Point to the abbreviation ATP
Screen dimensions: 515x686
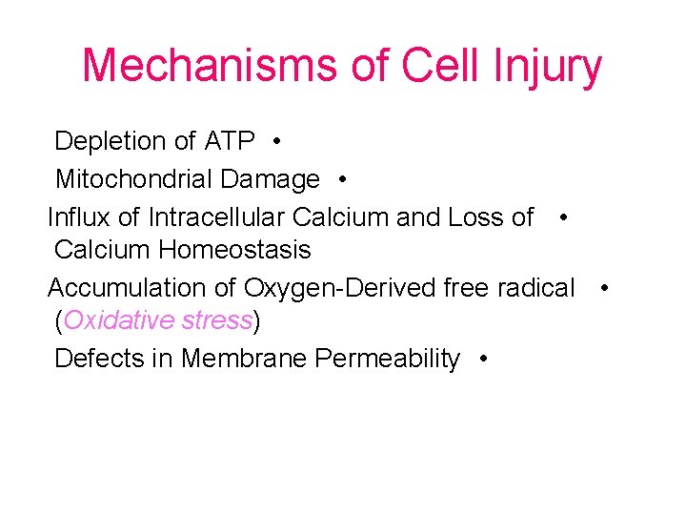point(230,142)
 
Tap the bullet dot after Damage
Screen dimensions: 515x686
point(341,179)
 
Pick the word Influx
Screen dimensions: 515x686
point(78,216)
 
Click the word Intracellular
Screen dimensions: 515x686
point(217,216)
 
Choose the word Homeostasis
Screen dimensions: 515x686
point(234,250)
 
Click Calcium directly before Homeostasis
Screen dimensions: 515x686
point(103,250)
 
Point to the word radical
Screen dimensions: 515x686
point(534,287)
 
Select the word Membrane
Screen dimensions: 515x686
point(244,359)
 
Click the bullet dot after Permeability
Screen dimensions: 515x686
point(485,360)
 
